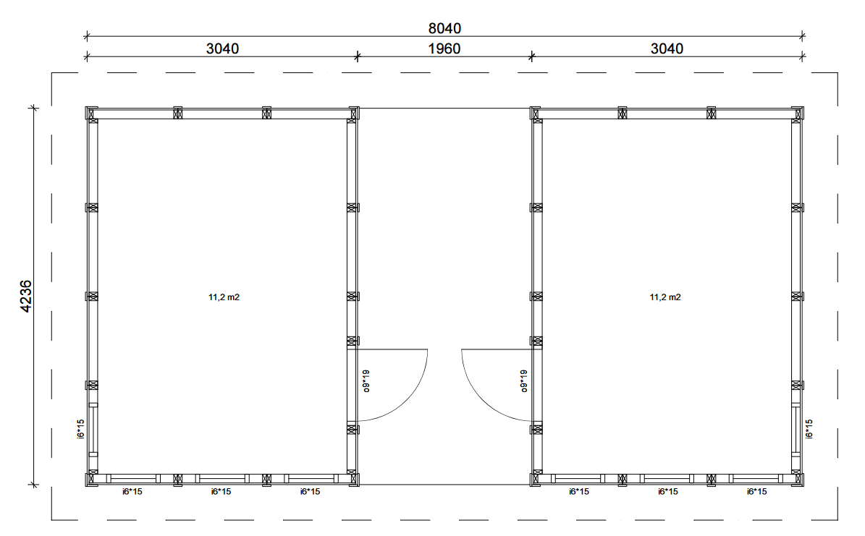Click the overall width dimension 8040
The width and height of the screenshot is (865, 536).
click(x=444, y=28)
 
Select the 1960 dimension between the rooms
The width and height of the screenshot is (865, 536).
click(x=444, y=48)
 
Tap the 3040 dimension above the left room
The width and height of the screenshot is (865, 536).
click(x=222, y=48)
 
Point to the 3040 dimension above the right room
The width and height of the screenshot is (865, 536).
click(x=667, y=48)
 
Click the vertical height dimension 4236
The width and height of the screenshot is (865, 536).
click(x=26, y=297)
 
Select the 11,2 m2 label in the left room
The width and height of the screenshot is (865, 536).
click(x=224, y=297)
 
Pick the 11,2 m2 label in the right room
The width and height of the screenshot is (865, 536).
click(x=665, y=297)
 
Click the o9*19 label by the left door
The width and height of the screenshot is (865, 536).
click(x=366, y=381)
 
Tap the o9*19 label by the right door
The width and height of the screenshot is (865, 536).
click(x=524, y=381)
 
